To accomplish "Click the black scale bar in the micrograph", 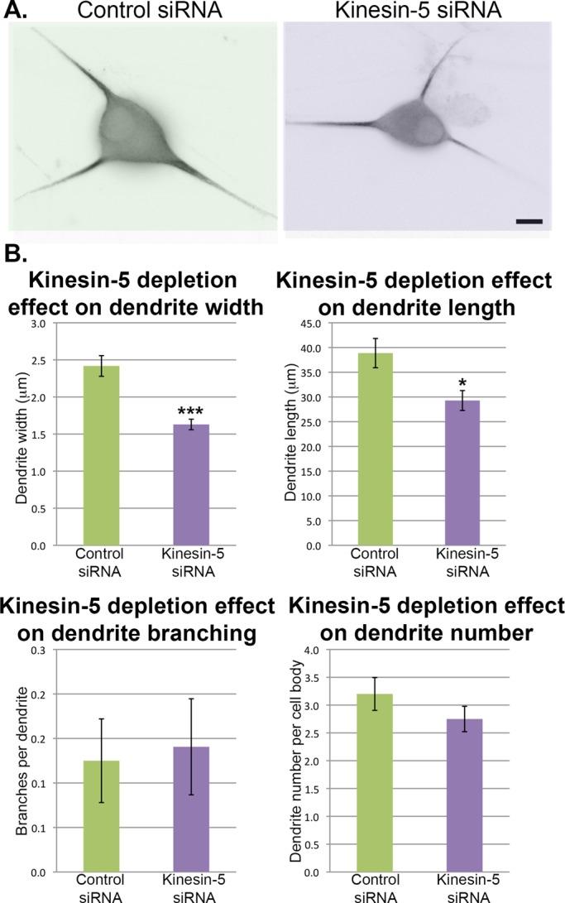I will pos(528,221).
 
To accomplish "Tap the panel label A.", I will pos(16,12).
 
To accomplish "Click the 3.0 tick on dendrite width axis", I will pos(39,324).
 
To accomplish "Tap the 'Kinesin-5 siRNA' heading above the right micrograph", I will pos(418,12).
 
